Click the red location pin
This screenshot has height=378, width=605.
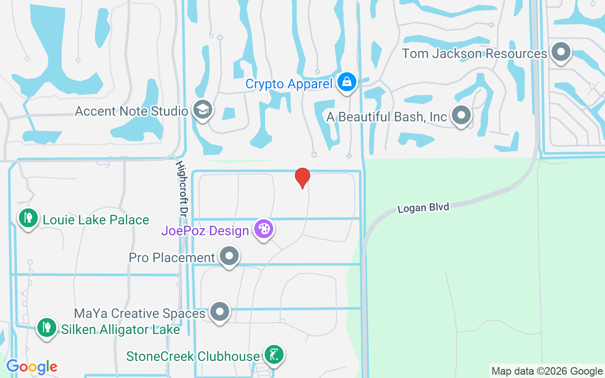point(302,178)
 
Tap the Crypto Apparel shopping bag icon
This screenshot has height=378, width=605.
point(347,82)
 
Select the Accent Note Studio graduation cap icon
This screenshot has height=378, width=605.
point(203,110)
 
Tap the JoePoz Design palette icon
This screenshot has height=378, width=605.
point(263,229)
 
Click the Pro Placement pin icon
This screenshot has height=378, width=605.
point(229,256)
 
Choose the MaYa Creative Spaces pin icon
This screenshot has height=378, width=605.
point(220,312)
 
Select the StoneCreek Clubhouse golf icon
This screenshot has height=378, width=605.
point(274,354)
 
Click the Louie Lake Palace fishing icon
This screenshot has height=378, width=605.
point(28,218)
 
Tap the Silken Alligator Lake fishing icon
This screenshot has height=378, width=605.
point(47,327)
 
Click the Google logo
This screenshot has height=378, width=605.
point(32,367)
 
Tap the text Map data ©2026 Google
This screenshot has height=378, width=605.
point(547,371)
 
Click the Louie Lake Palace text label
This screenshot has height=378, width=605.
point(96,220)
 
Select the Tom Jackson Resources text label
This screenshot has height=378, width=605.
point(475,53)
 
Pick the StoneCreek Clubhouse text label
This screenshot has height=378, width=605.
point(193,356)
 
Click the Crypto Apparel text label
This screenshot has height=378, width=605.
point(289,84)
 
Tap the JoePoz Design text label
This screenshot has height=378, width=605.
point(205,231)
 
